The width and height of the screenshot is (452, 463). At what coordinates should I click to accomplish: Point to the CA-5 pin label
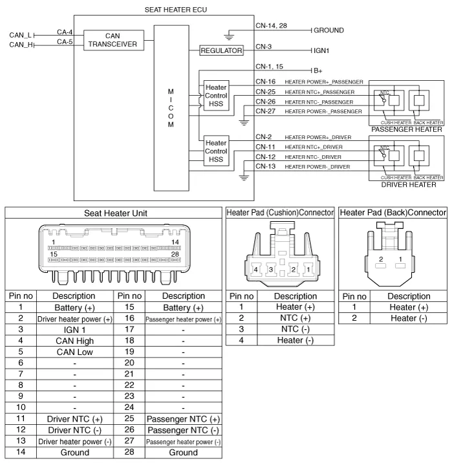(x=65, y=42)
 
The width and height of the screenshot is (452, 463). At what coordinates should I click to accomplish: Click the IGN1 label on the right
(x=324, y=50)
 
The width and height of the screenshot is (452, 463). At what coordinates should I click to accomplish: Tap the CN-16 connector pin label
(x=266, y=82)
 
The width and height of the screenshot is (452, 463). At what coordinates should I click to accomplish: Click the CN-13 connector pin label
(x=266, y=166)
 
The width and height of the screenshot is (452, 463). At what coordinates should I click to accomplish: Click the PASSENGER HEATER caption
(x=407, y=129)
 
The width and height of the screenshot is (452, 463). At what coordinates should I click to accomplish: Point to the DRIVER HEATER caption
(x=408, y=185)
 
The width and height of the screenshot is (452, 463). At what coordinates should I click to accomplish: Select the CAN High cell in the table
(x=74, y=340)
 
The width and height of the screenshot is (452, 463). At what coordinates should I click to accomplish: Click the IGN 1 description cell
(x=74, y=329)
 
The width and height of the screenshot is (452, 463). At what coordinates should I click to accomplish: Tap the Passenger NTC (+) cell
(x=183, y=419)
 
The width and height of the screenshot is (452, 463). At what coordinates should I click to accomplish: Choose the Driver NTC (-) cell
(x=74, y=430)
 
